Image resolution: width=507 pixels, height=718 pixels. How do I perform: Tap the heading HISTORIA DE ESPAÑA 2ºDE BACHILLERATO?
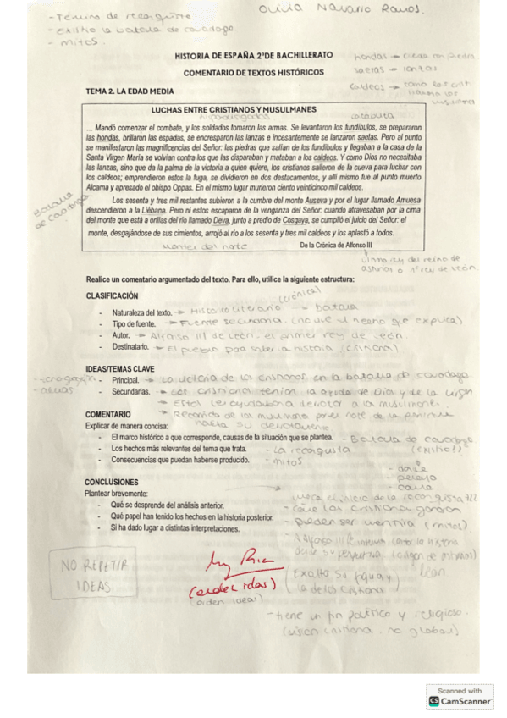point(246,56)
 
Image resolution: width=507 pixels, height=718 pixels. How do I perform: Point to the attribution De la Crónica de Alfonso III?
point(335,244)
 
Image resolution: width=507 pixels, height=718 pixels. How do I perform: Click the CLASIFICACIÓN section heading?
point(112,295)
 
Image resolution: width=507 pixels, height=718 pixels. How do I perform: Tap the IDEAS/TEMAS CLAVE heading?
point(120,368)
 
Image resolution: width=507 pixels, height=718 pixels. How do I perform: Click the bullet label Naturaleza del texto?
point(141,312)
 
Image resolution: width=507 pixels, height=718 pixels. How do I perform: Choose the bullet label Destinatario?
point(131,348)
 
